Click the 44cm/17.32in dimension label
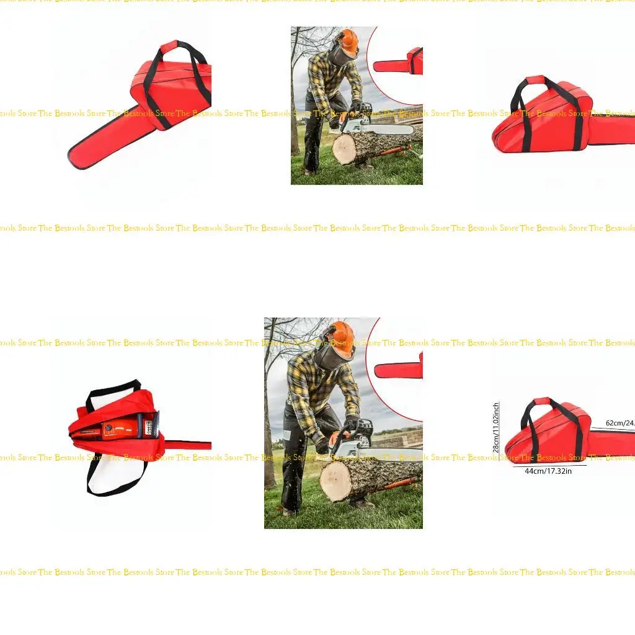548,471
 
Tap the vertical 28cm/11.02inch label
496,427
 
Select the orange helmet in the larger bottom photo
340,337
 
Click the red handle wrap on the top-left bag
169,47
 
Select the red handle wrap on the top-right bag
535,80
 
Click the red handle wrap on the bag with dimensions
541,401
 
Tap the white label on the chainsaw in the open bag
149,427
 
